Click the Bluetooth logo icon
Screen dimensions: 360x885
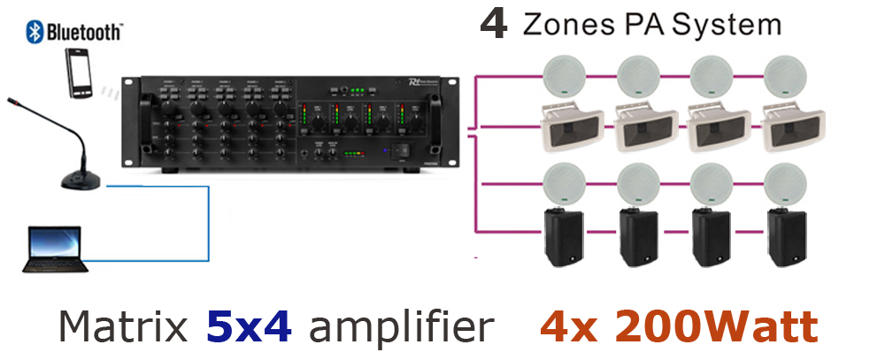pos(35,33)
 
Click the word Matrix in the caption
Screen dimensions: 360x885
pos(124,327)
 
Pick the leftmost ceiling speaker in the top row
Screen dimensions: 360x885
pos(563,77)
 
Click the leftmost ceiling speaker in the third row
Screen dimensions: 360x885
pos(563,182)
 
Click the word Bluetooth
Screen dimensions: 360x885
pos(83,33)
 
